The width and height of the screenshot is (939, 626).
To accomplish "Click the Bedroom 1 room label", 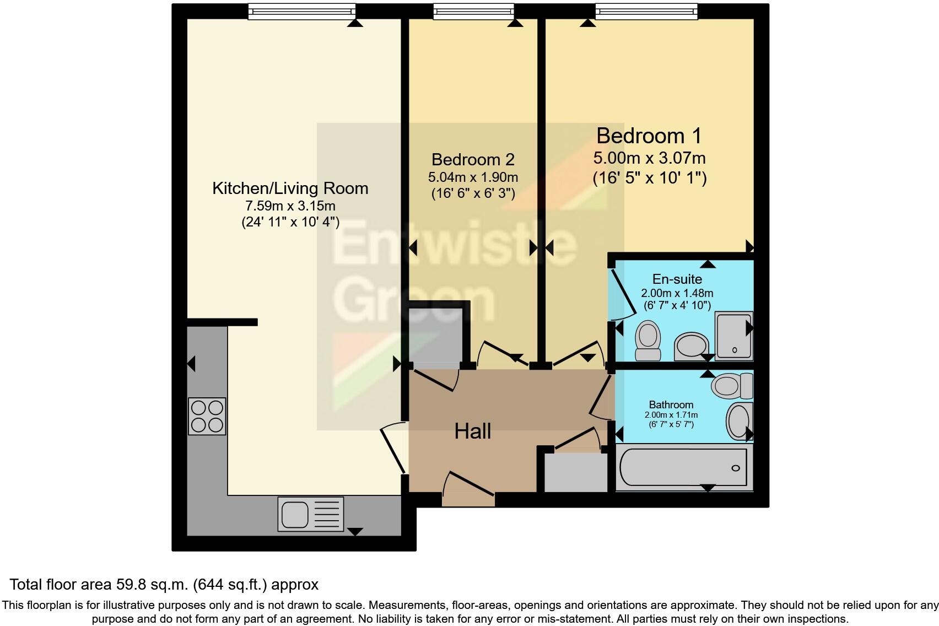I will point(649,136).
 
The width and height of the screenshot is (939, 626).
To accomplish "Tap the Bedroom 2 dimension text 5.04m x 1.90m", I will point(473,177).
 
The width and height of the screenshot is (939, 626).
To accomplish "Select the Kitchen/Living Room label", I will point(290,188).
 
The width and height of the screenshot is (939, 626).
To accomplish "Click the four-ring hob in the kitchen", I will point(207,416).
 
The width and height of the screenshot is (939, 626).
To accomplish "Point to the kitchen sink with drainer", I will point(310,514).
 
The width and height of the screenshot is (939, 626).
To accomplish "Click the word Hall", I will point(472,431).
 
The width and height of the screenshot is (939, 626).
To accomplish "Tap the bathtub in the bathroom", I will point(683,468).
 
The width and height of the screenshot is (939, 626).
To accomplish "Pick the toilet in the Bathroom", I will point(732,385).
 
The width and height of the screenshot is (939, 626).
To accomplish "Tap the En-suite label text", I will point(677,279).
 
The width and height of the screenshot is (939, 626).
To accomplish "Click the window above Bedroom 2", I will point(473,11).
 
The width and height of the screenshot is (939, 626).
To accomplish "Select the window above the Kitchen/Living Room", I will point(301,11).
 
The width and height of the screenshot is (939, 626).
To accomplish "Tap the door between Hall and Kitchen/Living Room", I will point(394,447).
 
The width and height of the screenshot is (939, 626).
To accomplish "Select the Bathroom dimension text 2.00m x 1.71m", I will point(671,415).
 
